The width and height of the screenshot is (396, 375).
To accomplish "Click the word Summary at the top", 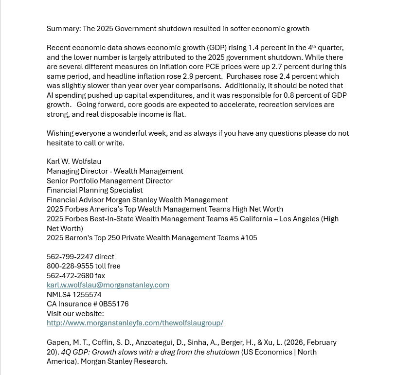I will pyautogui.click(x=63, y=29).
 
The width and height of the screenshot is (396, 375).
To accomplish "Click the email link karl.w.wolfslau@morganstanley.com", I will pyautogui.click(x=108, y=285).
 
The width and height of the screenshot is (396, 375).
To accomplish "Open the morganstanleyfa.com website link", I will pyautogui.click(x=135, y=323).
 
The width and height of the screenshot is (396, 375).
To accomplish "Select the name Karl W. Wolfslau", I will pyautogui.click(x=74, y=161).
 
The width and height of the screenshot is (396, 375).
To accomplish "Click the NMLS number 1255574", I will pyautogui.click(x=87, y=295).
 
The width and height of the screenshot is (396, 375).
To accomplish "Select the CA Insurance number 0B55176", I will pyautogui.click(x=114, y=304).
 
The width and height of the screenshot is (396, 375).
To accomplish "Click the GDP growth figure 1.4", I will pyautogui.click(x=254, y=48).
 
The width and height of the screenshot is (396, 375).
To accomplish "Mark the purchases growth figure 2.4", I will pyautogui.click(x=285, y=76).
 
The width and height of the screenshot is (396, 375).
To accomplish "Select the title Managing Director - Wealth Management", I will pyautogui.click(x=115, y=171).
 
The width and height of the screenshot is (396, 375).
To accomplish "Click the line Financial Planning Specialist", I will pyautogui.click(x=95, y=190).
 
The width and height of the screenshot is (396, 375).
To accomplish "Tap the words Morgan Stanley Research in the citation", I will pyautogui.click(x=124, y=361).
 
